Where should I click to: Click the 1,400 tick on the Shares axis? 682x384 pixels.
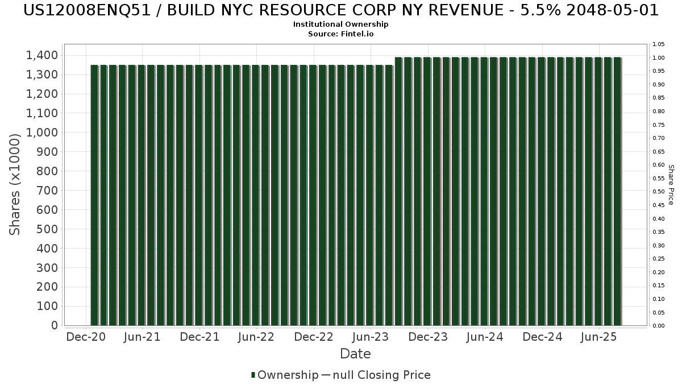pyautogui.click(x=41, y=55)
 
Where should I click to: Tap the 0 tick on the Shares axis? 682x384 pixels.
pyautogui.click(x=54, y=325)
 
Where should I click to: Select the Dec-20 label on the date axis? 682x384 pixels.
pyautogui.click(x=86, y=337)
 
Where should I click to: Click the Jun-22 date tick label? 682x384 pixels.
pyautogui.click(x=256, y=337)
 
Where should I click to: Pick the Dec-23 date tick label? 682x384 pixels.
pyautogui.click(x=428, y=337)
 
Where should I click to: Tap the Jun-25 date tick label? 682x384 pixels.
pyautogui.click(x=598, y=337)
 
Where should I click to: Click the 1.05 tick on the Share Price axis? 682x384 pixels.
pyautogui.click(x=659, y=44)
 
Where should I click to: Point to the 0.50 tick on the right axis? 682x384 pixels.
pyautogui.click(x=659, y=192)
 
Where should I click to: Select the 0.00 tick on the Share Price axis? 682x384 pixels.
pyautogui.click(x=659, y=326)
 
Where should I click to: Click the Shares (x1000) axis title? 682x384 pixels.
pyautogui.click(x=15, y=184)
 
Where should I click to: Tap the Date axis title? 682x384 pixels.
pyautogui.click(x=355, y=354)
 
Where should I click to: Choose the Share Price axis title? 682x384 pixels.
pyautogui.click(x=671, y=184)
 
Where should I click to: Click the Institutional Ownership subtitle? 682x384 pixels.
pyautogui.click(x=340, y=24)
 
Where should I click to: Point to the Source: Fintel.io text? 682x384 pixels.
pyautogui.click(x=340, y=34)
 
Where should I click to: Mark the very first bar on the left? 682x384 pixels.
pyautogui.click(x=94, y=195)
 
